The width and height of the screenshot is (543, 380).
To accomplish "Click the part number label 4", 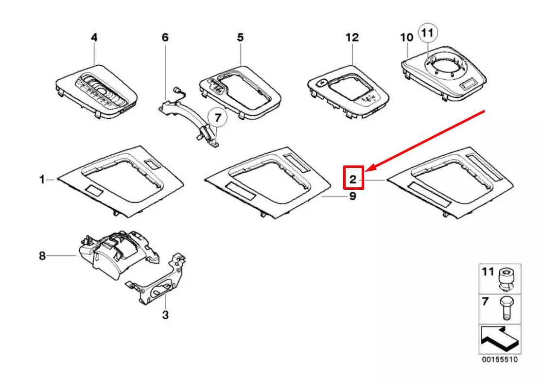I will coord(94,37).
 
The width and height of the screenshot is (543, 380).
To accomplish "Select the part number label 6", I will coord(165,37).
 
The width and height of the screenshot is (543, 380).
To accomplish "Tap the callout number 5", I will coord(241,37).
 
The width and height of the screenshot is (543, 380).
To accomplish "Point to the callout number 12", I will coord(352,37).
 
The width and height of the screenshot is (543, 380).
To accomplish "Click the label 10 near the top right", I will coord(406,37).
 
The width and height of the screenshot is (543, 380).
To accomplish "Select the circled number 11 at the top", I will coord(427,33).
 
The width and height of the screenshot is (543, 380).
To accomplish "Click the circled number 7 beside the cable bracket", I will coord(217,118).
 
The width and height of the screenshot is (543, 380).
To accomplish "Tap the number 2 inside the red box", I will coord(353,180).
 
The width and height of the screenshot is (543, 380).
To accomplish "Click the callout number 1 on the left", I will coord(42,180).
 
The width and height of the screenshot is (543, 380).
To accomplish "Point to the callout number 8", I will coord(42,255).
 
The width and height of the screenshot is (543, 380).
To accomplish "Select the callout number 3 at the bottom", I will coord(165,315).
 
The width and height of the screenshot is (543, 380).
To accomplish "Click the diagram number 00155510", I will coord(500,360).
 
